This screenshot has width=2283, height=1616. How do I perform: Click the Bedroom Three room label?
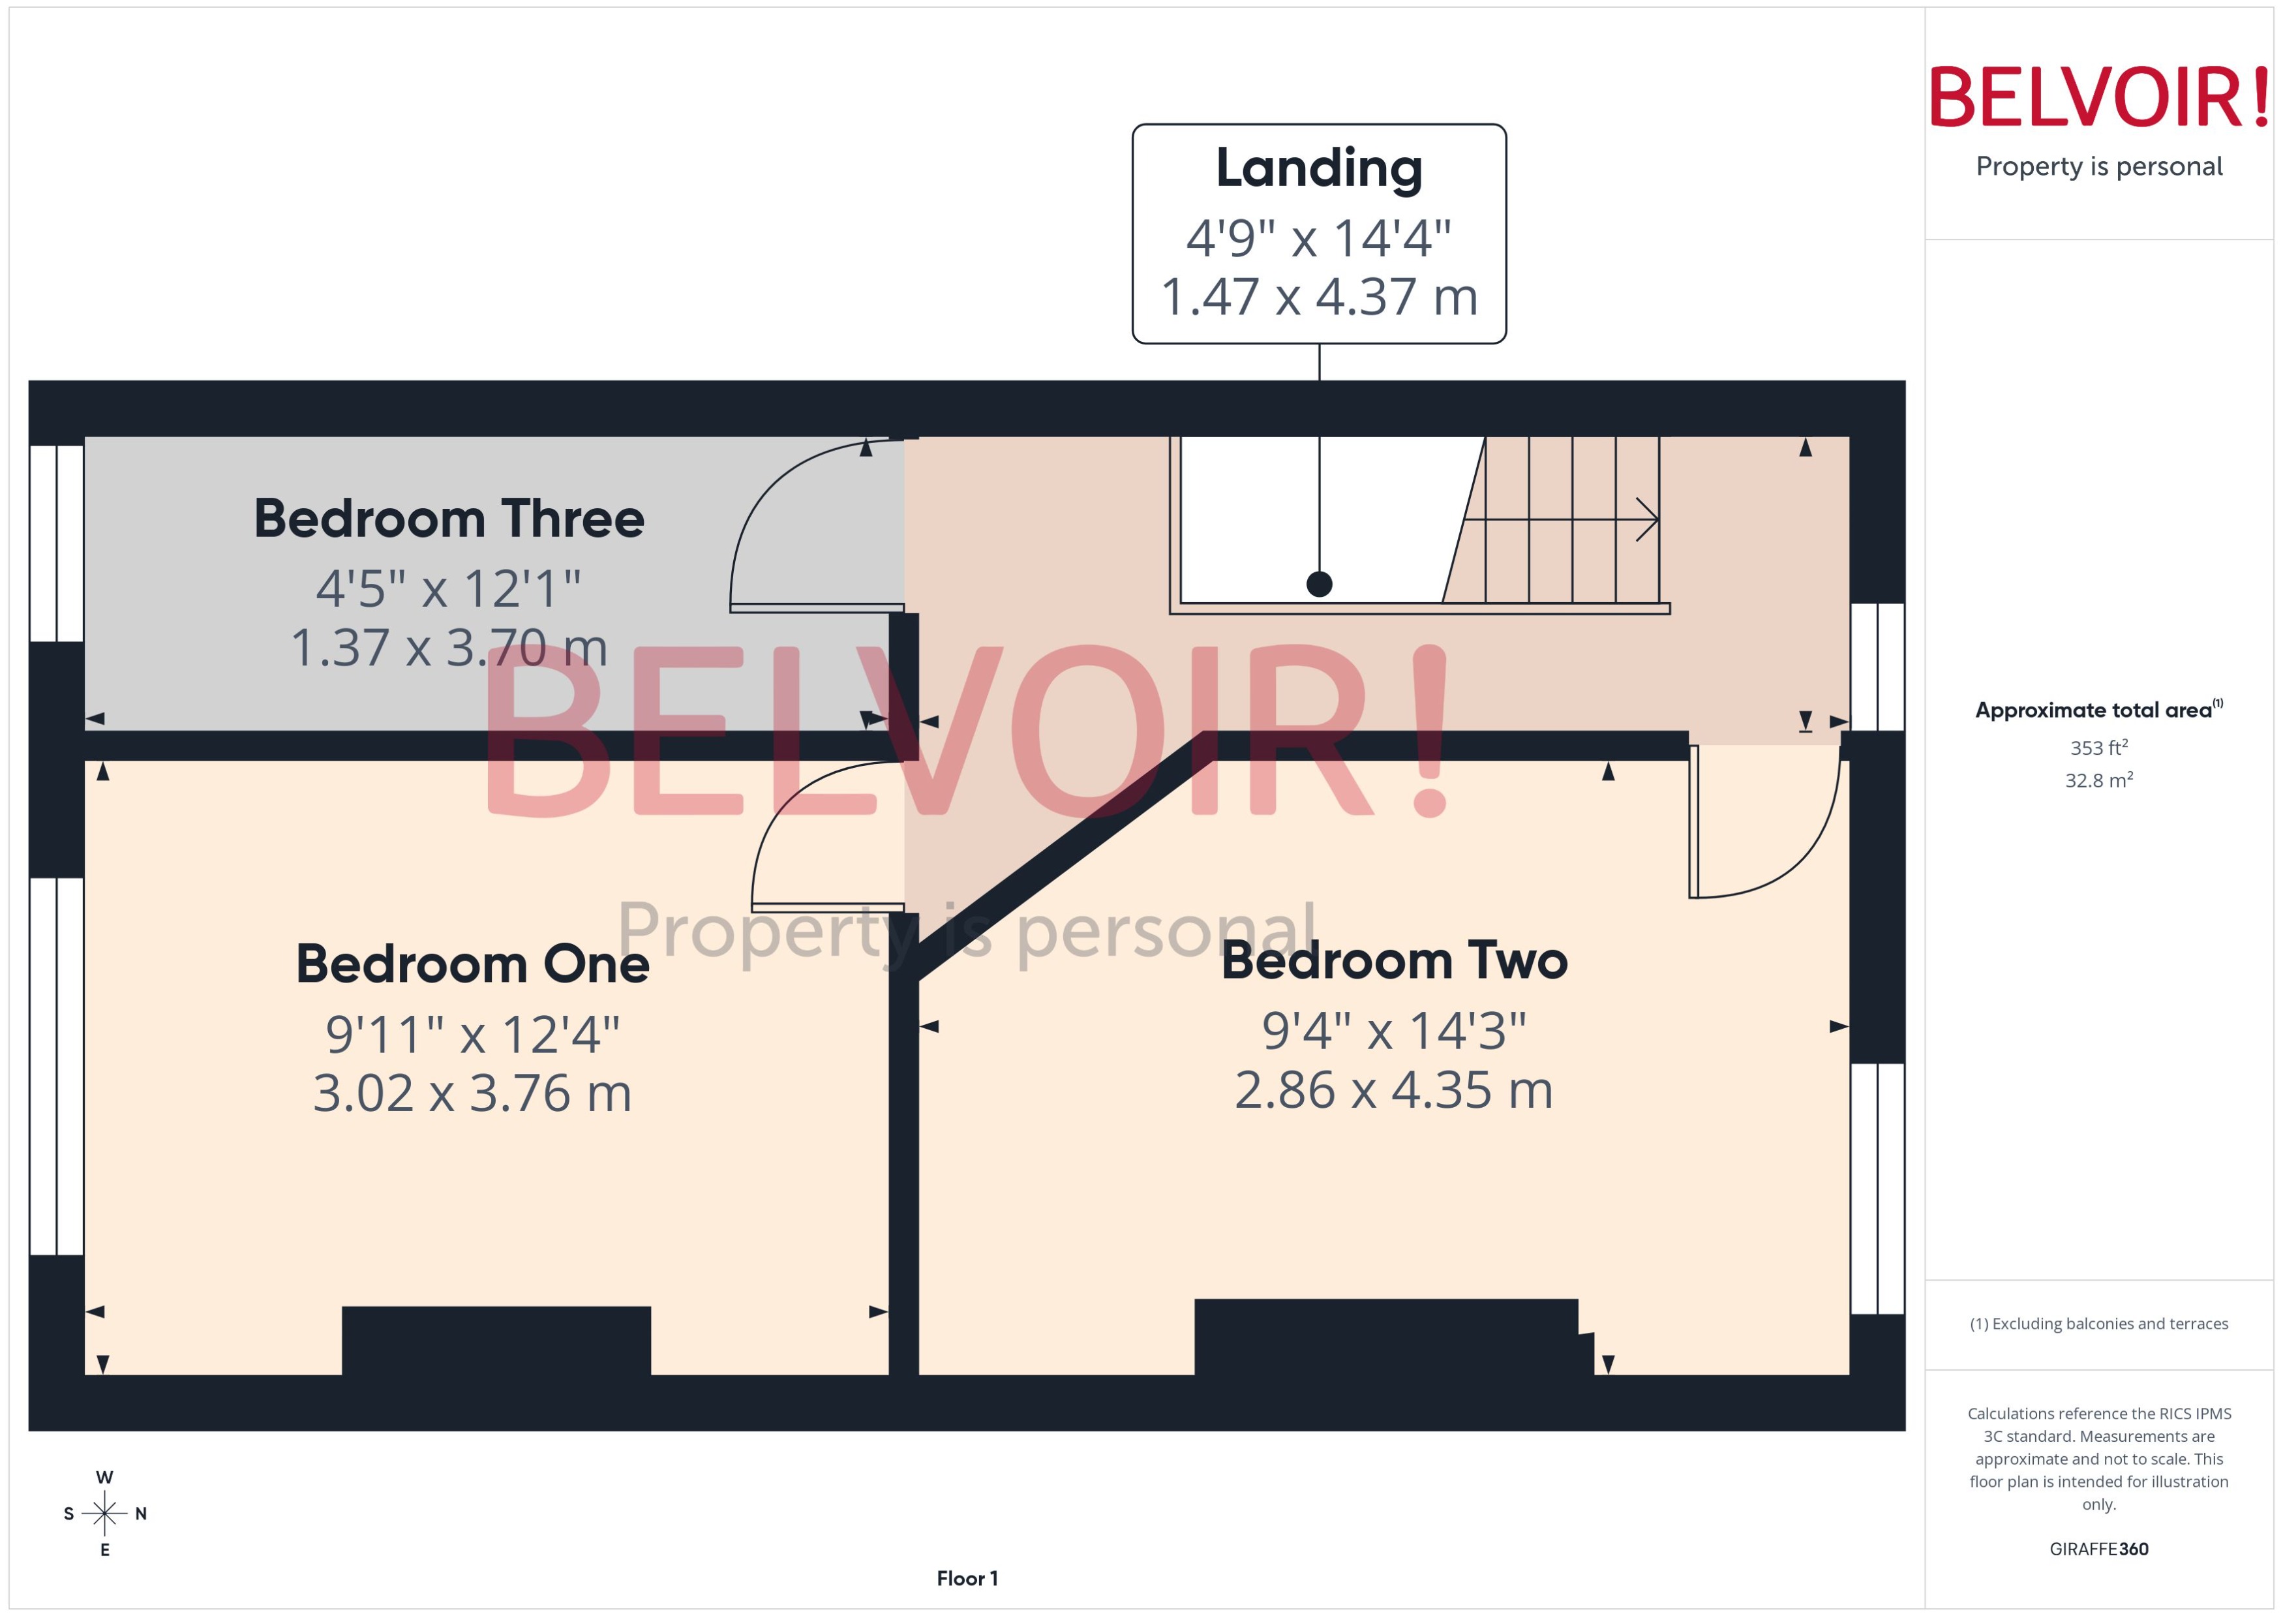[449, 519]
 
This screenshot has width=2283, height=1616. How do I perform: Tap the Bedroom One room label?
[472, 964]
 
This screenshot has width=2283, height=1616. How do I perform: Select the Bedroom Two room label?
[1394, 960]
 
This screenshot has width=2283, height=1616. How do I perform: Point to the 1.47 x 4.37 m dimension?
[1319, 297]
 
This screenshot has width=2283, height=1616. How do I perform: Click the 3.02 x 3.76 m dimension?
[472, 1093]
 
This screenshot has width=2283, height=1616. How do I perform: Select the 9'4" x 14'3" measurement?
[1394, 1030]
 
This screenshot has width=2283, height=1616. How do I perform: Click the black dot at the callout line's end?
[1319, 584]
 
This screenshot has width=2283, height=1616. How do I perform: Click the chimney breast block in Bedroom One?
[496, 1341]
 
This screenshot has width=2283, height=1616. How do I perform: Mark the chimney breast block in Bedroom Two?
[1385, 1336]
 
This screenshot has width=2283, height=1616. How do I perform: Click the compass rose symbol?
[104, 1514]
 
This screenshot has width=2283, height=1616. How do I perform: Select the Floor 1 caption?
[967, 1578]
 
